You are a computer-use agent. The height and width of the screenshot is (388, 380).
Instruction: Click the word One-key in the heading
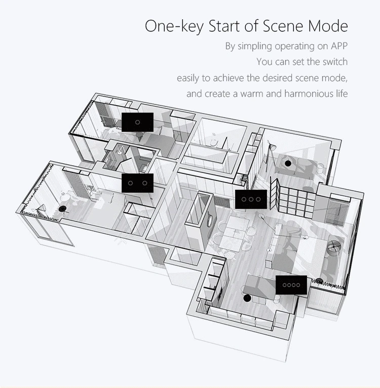(x=174, y=26)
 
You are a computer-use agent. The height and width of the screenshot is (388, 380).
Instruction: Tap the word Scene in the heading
(x=283, y=25)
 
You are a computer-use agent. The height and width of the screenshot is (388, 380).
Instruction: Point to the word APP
(x=339, y=46)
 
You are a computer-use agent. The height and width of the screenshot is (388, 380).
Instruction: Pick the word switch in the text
(x=335, y=61)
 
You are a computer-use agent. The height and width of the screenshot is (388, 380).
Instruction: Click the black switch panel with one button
(x=137, y=122)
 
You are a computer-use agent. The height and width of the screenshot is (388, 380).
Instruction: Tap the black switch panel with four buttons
(x=291, y=285)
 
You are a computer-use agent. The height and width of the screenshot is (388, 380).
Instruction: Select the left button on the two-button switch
(x=131, y=183)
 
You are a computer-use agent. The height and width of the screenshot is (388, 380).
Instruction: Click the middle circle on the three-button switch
(x=251, y=199)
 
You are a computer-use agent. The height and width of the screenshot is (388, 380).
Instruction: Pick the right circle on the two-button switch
(x=144, y=183)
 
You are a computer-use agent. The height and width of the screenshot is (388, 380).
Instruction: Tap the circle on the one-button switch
(x=137, y=122)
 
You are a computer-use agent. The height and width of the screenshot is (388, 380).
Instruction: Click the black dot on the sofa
(x=288, y=163)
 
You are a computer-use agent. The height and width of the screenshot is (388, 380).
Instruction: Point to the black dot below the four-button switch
(x=246, y=298)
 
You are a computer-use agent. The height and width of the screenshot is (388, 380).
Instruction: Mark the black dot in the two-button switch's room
(x=62, y=209)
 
